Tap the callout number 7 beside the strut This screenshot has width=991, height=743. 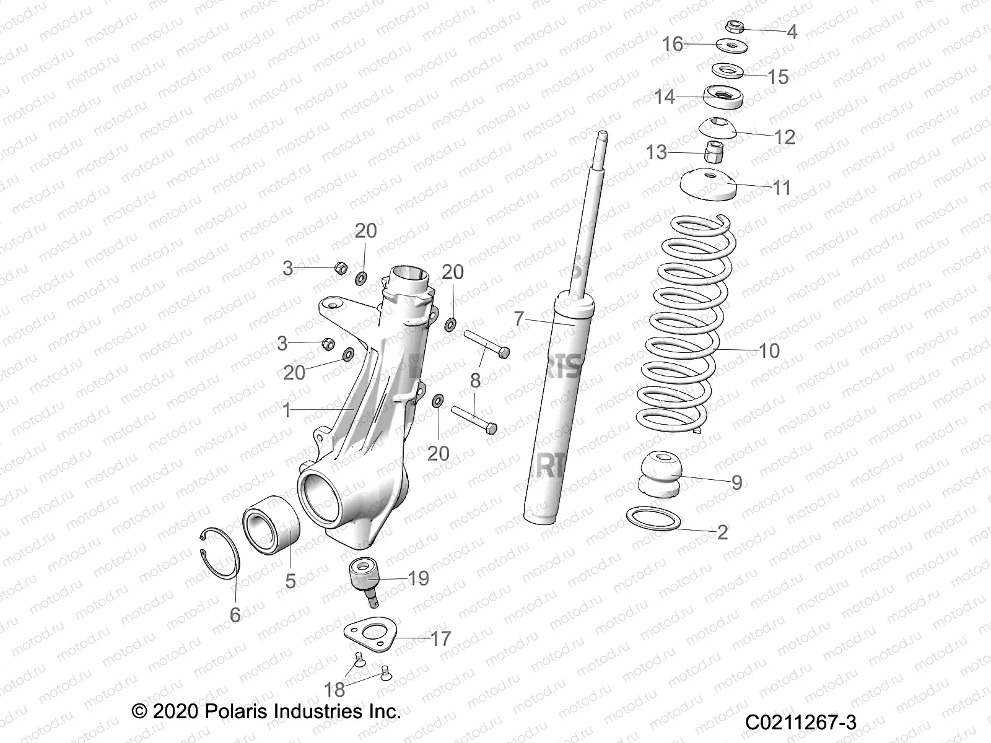[x=519, y=319]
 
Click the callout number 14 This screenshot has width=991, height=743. [x=665, y=97]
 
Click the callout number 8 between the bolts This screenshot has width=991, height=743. [x=475, y=380]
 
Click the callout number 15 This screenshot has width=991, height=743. [x=778, y=77]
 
